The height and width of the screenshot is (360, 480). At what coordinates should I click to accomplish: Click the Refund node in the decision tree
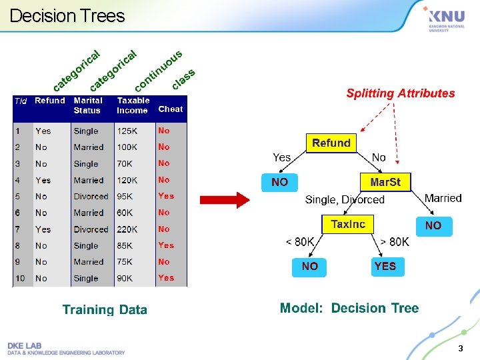point(331,143)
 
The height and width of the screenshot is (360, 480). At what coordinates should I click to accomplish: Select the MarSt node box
point(386,181)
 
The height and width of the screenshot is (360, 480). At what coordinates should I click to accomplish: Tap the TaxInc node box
point(348,224)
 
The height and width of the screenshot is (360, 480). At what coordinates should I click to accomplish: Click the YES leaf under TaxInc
point(385,266)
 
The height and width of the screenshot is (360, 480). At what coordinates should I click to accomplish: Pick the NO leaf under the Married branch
point(433,225)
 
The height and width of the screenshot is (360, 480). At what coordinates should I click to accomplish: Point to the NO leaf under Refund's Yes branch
point(280,181)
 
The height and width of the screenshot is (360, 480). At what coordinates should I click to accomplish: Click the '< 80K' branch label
point(300,241)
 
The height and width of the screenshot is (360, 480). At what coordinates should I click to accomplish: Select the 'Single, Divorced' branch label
point(345,199)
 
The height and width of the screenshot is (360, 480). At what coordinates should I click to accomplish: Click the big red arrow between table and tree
point(225,199)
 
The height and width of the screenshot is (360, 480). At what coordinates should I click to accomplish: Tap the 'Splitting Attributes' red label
point(400,93)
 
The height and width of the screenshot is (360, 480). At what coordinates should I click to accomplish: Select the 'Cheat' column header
point(171,109)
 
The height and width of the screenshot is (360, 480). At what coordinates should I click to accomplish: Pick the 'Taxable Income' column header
point(133,105)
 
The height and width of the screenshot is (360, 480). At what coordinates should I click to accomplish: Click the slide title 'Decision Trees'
point(67,16)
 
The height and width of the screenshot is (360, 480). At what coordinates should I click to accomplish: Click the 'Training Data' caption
point(105,309)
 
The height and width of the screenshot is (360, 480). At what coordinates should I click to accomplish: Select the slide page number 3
point(460,349)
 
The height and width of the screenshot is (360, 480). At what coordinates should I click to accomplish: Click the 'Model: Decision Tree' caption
point(349,308)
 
